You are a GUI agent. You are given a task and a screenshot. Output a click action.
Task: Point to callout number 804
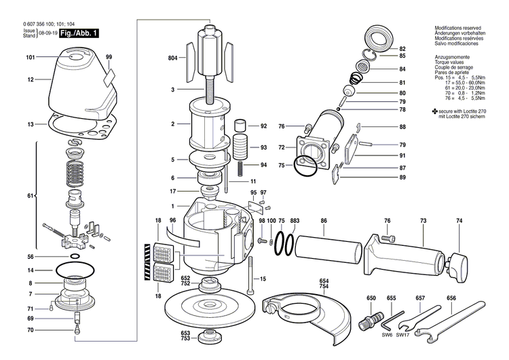click(172, 58)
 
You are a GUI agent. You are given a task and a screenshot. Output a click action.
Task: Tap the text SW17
click(403, 335)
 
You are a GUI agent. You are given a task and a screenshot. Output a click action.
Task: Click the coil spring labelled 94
click(241, 165)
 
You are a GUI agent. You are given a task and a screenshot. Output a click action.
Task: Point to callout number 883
click(295, 221)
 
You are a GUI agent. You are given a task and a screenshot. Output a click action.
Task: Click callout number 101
click(30, 57)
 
